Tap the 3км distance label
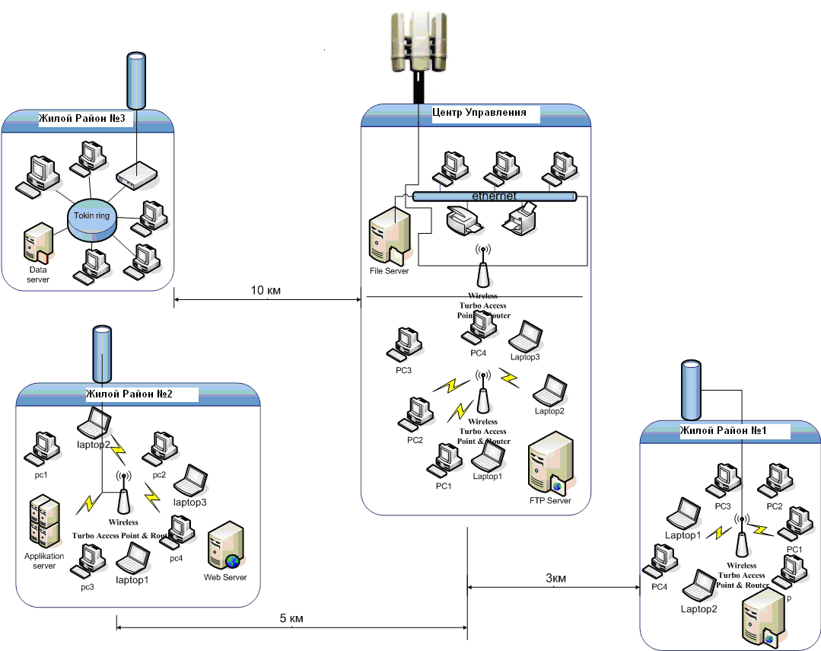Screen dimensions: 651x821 555,578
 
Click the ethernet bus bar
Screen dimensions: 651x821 495,196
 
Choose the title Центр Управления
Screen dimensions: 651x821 479,113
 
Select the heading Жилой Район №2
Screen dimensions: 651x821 129,394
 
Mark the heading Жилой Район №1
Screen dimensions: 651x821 723,431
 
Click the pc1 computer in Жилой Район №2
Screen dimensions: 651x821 40,449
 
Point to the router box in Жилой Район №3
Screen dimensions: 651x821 137,176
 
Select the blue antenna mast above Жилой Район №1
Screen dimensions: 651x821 690,390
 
